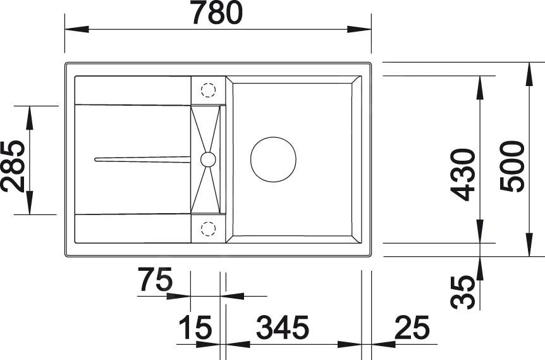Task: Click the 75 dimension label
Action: click(155, 280)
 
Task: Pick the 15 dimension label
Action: click(194, 328)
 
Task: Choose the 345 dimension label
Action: click(283, 328)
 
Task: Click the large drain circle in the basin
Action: click(273, 158)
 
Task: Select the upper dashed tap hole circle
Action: click(208, 89)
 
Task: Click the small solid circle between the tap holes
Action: click(208, 159)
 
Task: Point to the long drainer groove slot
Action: click(142, 159)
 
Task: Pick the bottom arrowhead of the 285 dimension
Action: click(30, 208)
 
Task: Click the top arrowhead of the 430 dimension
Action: click(480, 82)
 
